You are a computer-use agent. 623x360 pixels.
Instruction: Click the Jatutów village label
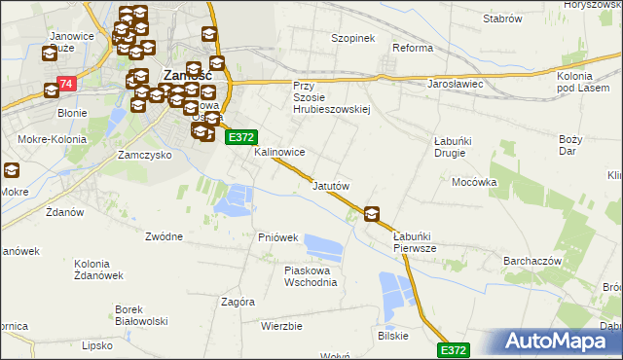pos(331,185)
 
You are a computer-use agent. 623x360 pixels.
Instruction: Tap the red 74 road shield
pos(66,85)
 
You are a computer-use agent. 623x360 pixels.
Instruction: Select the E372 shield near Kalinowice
pos(241,138)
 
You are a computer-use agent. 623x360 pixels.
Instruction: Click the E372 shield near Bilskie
pos(454,349)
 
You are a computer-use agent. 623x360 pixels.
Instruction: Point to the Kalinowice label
pos(280,153)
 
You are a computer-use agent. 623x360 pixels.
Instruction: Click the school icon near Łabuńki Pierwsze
pos(372,214)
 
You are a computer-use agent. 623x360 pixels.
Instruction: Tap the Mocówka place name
pos(474,182)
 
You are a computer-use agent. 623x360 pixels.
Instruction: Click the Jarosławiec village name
pos(456,85)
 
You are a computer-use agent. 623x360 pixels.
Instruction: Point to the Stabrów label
pos(503,18)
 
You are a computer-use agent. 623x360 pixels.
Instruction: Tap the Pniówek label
pos(278,237)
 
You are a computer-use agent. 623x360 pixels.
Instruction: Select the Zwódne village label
pos(164,236)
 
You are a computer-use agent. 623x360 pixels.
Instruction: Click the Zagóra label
pos(238,302)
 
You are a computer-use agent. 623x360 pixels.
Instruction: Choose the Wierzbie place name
pos(282,326)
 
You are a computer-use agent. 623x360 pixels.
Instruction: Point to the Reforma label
pos(412,48)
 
